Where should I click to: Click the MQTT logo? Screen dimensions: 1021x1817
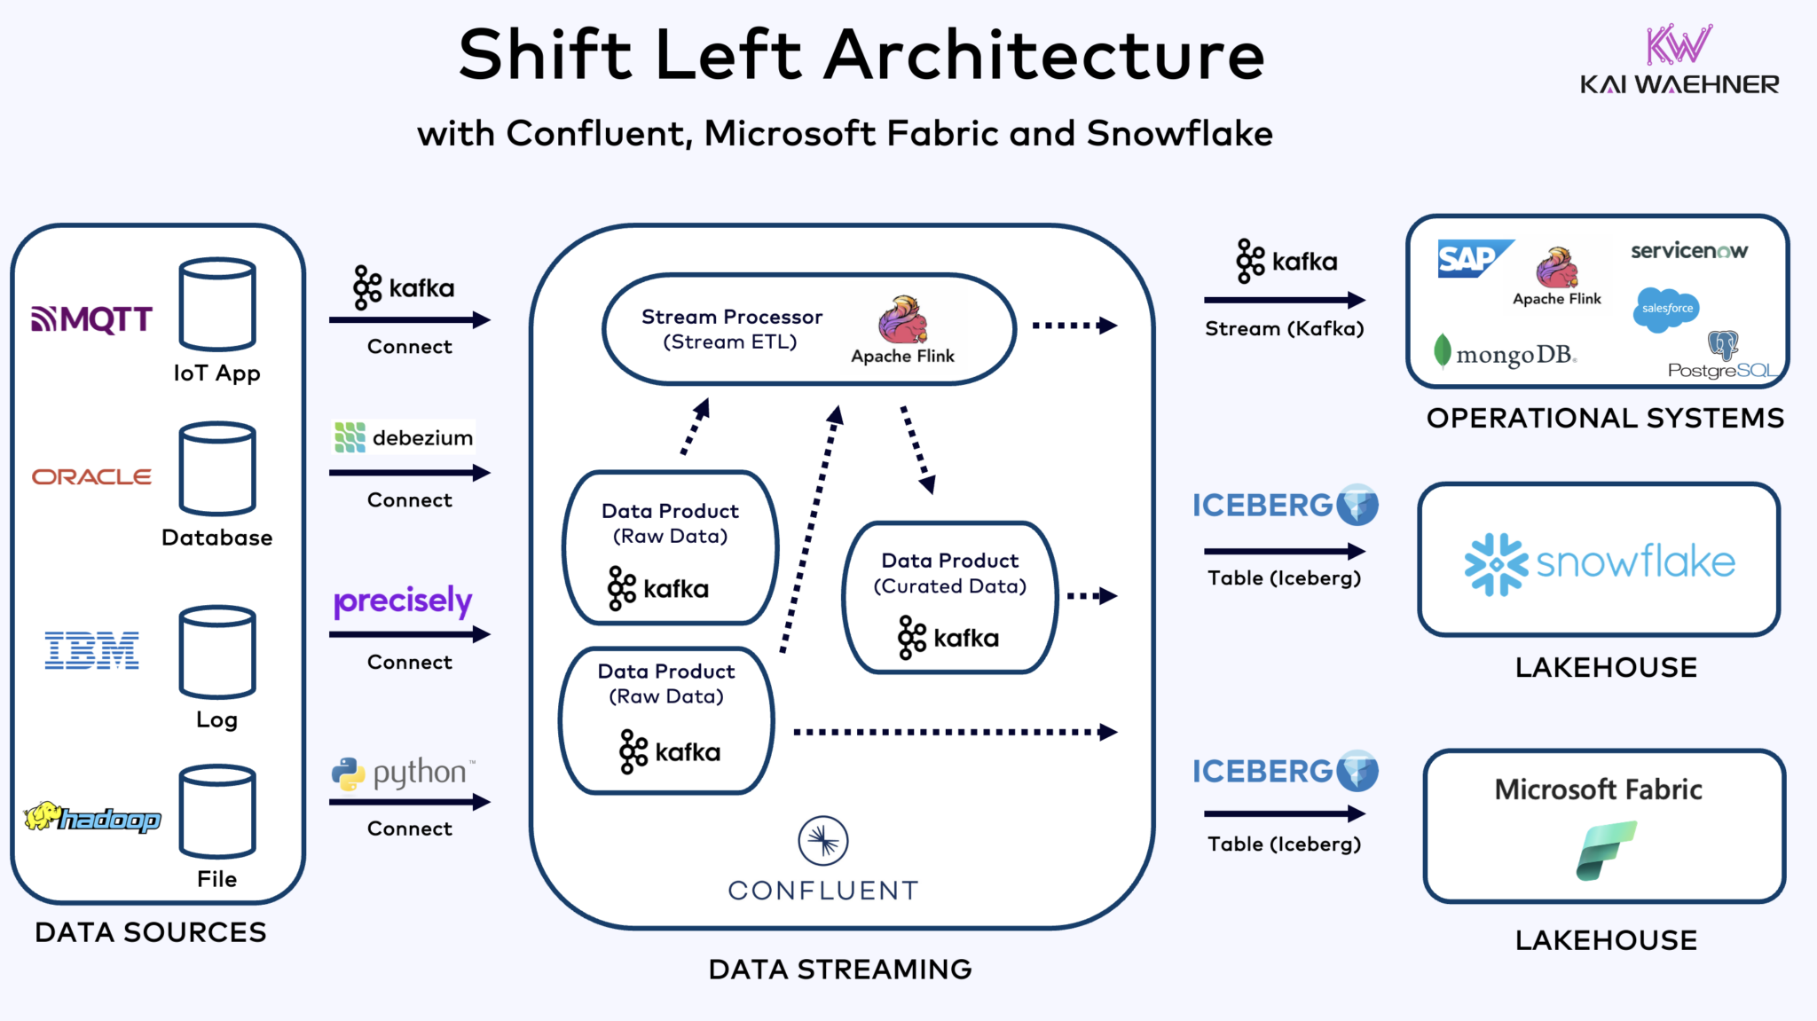point(92,318)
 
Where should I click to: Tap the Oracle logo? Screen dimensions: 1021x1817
point(91,477)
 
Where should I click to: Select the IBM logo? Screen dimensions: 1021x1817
point(92,651)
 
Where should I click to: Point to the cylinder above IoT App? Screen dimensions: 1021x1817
point(217,304)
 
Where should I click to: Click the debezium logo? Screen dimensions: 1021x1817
point(404,437)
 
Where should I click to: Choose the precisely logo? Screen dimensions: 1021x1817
point(403,601)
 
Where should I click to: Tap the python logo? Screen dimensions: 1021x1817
point(404,774)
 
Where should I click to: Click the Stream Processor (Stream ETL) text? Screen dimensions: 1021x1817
point(731,329)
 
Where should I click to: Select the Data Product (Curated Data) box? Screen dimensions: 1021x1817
point(949,597)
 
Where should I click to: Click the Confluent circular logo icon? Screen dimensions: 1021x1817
point(822,841)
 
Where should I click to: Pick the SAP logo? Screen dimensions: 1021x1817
point(1473,258)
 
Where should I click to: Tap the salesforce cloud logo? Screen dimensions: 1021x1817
point(1666,310)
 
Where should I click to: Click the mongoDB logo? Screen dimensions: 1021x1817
point(1505,354)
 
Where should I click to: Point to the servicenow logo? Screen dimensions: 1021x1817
point(1688,251)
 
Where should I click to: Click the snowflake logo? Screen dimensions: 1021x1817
point(1599,562)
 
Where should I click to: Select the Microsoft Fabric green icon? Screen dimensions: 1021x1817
point(1605,850)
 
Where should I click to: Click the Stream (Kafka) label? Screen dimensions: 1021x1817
point(1284,329)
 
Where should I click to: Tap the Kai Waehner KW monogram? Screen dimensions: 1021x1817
point(1678,45)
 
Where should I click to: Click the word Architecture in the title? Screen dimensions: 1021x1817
point(1044,55)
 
